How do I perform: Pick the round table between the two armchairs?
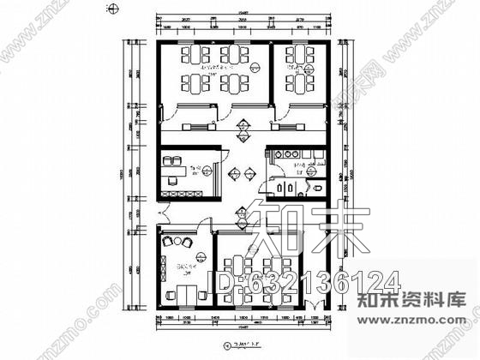point(183,243)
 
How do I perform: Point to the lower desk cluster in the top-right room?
point(301,86)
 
